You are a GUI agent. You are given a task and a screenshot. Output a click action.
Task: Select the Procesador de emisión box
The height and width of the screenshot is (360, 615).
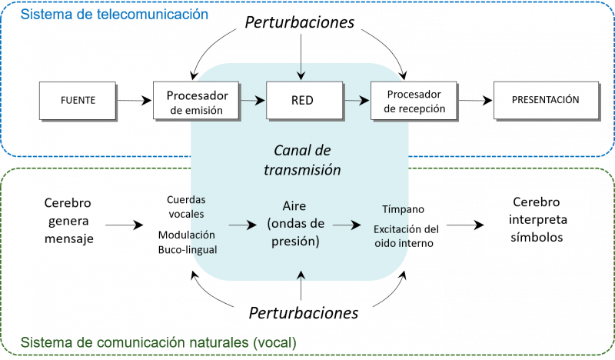[198, 100]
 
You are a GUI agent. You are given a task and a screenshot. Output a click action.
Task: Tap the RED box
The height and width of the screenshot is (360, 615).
[302, 100]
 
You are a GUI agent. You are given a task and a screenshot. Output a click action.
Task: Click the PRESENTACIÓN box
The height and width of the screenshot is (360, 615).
[545, 100]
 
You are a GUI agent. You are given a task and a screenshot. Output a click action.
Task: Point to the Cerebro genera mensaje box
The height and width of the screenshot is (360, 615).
[66, 224]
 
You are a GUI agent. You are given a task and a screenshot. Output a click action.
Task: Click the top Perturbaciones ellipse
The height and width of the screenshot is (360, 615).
[299, 22]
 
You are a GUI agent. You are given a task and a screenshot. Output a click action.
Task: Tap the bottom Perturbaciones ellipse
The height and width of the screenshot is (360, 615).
[303, 313]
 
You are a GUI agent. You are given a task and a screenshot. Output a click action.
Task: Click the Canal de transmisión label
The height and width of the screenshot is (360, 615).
[307, 158]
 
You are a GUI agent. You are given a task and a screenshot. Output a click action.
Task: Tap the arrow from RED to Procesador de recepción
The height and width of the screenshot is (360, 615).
[355, 100]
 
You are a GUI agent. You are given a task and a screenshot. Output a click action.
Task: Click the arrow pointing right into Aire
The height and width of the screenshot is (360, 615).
[243, 225]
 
